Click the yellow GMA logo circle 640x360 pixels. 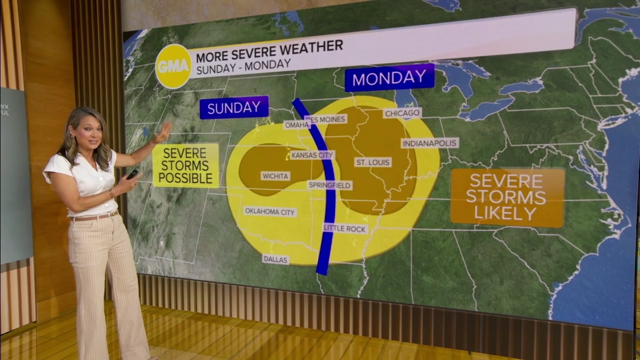173,66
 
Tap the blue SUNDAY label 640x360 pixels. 234,107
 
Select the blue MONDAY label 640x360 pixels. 389,77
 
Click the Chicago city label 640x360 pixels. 402,113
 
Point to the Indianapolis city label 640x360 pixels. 430,143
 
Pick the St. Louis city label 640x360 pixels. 373,162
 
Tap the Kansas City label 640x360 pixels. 312,155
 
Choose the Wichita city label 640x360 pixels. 275,176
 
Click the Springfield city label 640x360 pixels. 329,185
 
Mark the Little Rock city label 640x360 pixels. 345,228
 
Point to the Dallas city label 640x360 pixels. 275,259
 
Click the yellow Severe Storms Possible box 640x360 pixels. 185,165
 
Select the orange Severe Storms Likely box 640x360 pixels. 507,197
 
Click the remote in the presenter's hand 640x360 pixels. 132,174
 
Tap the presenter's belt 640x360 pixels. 95,217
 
